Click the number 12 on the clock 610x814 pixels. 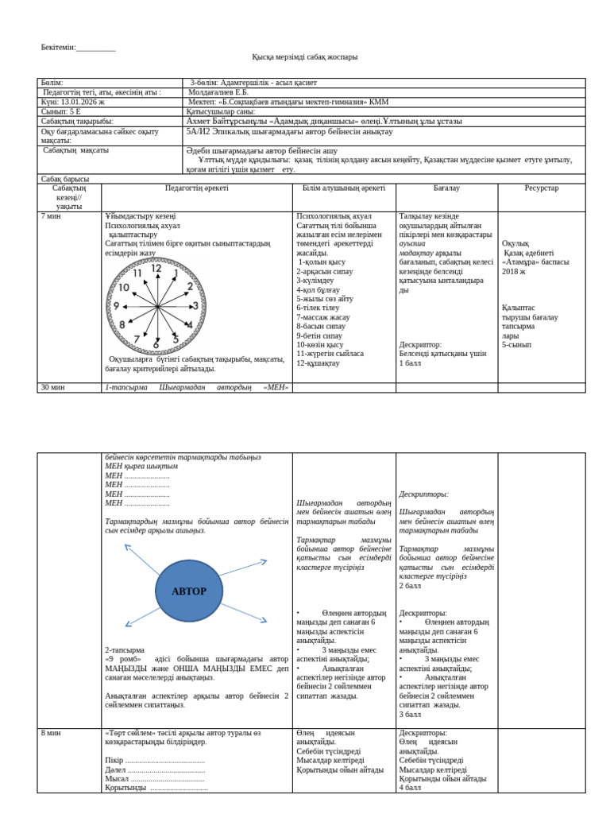156,269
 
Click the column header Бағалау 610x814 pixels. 446,188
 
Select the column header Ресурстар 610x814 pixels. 541,188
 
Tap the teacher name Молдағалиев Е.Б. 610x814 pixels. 218,92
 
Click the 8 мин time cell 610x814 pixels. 52,733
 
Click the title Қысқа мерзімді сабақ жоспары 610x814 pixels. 304,57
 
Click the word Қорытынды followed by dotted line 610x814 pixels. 125,788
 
